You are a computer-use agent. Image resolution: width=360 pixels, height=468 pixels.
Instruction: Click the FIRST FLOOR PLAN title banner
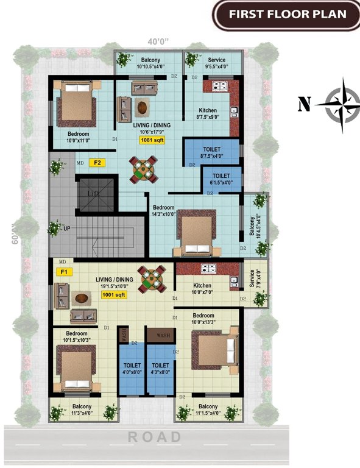point(286,15)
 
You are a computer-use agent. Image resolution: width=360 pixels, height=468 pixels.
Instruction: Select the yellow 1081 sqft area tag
point(152,140)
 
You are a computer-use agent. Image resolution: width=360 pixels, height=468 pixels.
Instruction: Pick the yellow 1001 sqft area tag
point(113,295)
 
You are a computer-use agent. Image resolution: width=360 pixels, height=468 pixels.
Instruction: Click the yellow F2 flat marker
point(96,163)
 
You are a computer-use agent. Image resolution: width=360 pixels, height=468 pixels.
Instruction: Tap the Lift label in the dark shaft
point(93,193)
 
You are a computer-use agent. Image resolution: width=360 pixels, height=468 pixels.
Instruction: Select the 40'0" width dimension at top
point(158,41)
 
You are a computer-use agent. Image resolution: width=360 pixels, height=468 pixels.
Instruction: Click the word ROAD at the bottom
point(155,437)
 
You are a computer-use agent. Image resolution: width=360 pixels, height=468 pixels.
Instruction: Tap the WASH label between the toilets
point(163,336)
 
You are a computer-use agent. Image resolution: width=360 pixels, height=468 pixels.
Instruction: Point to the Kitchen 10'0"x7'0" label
point(202,289)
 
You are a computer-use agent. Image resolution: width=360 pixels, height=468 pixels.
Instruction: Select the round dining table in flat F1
point(152,280)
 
